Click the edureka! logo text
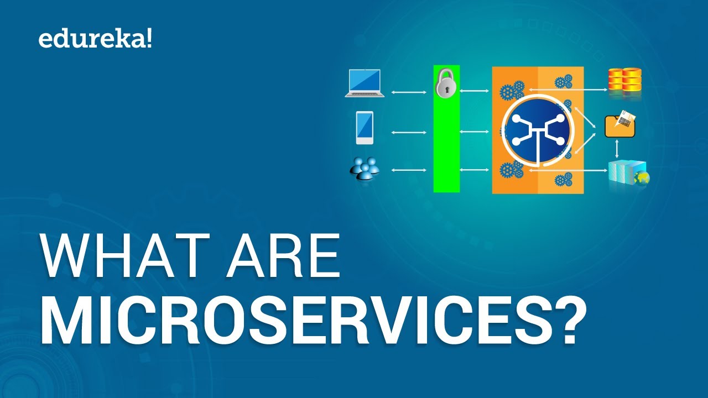click(x=94, y=40)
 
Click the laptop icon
click(x=365, y=83)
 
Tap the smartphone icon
click(x=365, y=128)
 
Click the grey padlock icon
click(x=446, y=84)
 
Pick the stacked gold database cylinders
click(x=624, y=81)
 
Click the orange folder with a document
click(x=620, y=124)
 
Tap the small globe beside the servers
click(x=642, y=178)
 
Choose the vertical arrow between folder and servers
click(x=617, y=149)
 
